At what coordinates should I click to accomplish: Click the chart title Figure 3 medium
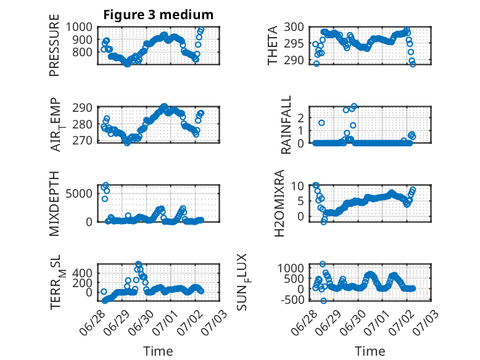pos(159,15)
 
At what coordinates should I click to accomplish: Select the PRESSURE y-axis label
pos(54,45)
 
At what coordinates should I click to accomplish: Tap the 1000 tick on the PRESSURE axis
pos(79,27)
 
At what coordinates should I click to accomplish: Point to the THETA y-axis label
pos(272,45)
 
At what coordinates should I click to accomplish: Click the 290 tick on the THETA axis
pos(294,61)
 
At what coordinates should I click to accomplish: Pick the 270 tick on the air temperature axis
pos(82,141)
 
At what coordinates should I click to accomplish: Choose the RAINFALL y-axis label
pos(286,125)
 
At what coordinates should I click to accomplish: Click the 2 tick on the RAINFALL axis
pos(300,118)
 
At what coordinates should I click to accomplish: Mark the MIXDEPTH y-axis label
pos(54,204)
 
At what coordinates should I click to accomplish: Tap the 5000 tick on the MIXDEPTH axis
pos(79,194)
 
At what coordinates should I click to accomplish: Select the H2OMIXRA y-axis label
pos(279,203)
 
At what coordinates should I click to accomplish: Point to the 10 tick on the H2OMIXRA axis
pos(297,186)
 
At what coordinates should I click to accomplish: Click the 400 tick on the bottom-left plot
pos(82,273)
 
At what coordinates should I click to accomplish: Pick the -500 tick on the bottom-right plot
pos(292,299)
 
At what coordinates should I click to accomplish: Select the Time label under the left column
pos(159,351)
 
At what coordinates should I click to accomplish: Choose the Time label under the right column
pos(370,351)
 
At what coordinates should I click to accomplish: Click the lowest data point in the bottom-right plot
pos(323,301)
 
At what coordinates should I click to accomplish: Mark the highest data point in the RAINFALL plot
pos(354,107)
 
